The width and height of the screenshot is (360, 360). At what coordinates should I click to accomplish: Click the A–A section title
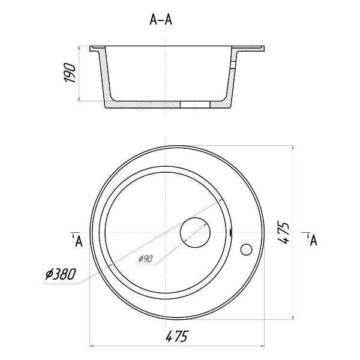(x=161, y=20)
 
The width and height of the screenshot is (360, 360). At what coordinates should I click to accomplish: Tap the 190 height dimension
(x=70, y=73)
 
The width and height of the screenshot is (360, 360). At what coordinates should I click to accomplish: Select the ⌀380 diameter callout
(x=61, y=274)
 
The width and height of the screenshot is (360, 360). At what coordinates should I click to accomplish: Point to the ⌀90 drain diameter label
(x=145, y=259)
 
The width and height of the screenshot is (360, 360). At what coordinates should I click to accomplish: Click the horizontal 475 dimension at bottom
(x=176, y=336)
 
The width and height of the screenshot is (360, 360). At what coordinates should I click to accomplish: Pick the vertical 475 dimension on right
(x=283, y=232)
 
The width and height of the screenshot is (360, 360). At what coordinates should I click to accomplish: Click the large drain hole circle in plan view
(x=195, y=233)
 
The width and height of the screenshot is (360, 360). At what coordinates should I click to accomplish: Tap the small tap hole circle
(x=247, y=250)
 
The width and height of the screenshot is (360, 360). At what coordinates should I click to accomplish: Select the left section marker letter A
(x=79, y=241)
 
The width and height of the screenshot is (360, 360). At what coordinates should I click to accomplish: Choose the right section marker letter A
(x=313, y=241)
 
